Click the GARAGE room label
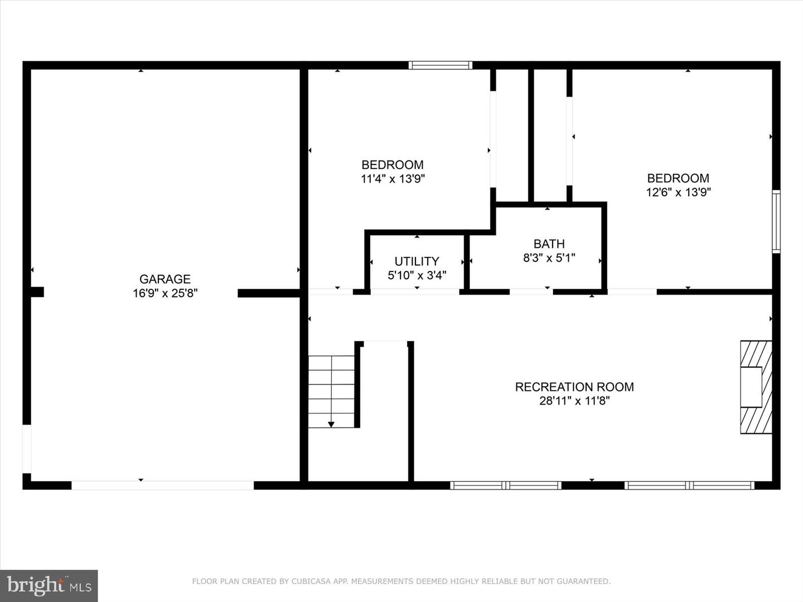pyautogui.click(x=165, y=279)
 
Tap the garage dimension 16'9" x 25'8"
pyautogui.click(x=165, y=293)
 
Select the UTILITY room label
pyautogui.click(x=417, y=261)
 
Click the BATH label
pyautogui.click(x=549, y=244)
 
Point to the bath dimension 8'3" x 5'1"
pyautogui.click(x=549, y=258)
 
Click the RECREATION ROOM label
pyautogui.click(x=574, y=386)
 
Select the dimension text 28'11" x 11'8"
pyautogui.click(x=574, y=401)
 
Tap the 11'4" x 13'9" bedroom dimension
pyautogui.click(x=393, y=179)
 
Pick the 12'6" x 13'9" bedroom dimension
pyautogui.click(x=678, y=192)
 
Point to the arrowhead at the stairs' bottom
pyautogui.click(x=331, y=425)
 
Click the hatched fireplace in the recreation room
pyautogui.click(x=756, y=387)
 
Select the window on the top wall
pyautogui.click(x=440, y=65)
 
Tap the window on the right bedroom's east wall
pyautogui.click(x=776, y=221)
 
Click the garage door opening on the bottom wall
pyautogui.click(x=162, y=485)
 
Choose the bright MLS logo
pyautogui.click(x=49, y=585)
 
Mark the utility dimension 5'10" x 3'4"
pyautogui.click(x=417, y=275)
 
